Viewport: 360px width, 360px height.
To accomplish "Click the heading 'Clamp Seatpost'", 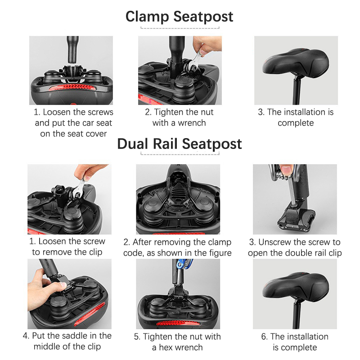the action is tap(179, 17).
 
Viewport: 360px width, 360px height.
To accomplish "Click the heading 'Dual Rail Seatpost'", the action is tap(179, 144).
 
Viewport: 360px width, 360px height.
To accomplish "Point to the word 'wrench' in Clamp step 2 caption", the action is tap(192, 123).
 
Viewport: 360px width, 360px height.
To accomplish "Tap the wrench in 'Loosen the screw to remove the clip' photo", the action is tap(78, 189).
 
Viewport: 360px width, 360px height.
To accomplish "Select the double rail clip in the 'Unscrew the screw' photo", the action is tap(297, 218).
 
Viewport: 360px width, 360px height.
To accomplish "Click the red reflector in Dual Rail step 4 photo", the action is tap(90, 314).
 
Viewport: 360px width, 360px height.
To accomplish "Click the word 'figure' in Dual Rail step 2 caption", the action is tap(220, 253).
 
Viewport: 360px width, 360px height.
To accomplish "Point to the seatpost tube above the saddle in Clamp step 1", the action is tap(73, 49).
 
